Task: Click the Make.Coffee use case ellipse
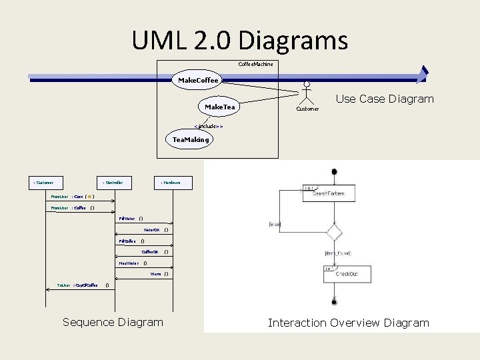coord(198,81)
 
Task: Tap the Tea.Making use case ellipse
coord(191,139)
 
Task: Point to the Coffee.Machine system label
coord(255,64)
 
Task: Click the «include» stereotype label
coord(208,125)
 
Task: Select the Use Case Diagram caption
coord(385,99)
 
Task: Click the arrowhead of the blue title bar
coord(421,75)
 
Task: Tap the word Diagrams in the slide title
coord(294,40)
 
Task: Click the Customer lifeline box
coord(44,182)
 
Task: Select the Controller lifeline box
coord(113,182)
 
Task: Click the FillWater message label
coord(127,218)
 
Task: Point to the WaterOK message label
coord(152,230)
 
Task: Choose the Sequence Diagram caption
coord(113,322)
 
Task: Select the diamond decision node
coord(333,233)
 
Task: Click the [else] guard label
coord(274,225)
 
